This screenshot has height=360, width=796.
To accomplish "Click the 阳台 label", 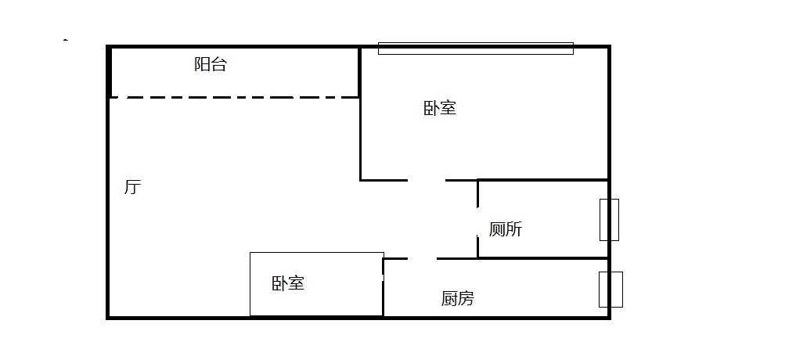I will coord(211,65).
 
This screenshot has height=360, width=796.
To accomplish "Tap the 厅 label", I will coord(132,188).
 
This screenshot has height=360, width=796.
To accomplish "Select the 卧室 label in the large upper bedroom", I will coord(440,108).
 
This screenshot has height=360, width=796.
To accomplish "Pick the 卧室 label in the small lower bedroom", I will coord(288,283).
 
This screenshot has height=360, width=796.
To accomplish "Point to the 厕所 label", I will coord(506,229).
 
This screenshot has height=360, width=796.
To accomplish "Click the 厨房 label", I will coord(457,298).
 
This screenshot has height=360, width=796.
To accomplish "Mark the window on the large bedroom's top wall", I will coord(475,49).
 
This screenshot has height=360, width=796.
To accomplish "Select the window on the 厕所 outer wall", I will coord(609,220).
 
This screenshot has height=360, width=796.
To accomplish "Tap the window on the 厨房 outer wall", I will coord(611,290).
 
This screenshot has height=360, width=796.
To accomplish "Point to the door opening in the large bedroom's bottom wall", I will coord(427,180).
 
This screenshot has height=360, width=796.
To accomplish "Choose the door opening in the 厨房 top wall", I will coord(422,258).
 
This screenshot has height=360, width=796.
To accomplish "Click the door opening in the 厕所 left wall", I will coord(477,220).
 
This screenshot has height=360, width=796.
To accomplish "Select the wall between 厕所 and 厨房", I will coord(543,258).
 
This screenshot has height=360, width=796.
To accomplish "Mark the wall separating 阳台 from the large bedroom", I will coord(359,72).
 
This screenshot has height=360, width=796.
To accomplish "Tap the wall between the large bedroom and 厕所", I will coord(543,180).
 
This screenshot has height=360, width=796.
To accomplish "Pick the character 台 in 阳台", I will coord(219,65).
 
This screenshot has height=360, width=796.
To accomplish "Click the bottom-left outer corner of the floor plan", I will coord(108,317).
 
